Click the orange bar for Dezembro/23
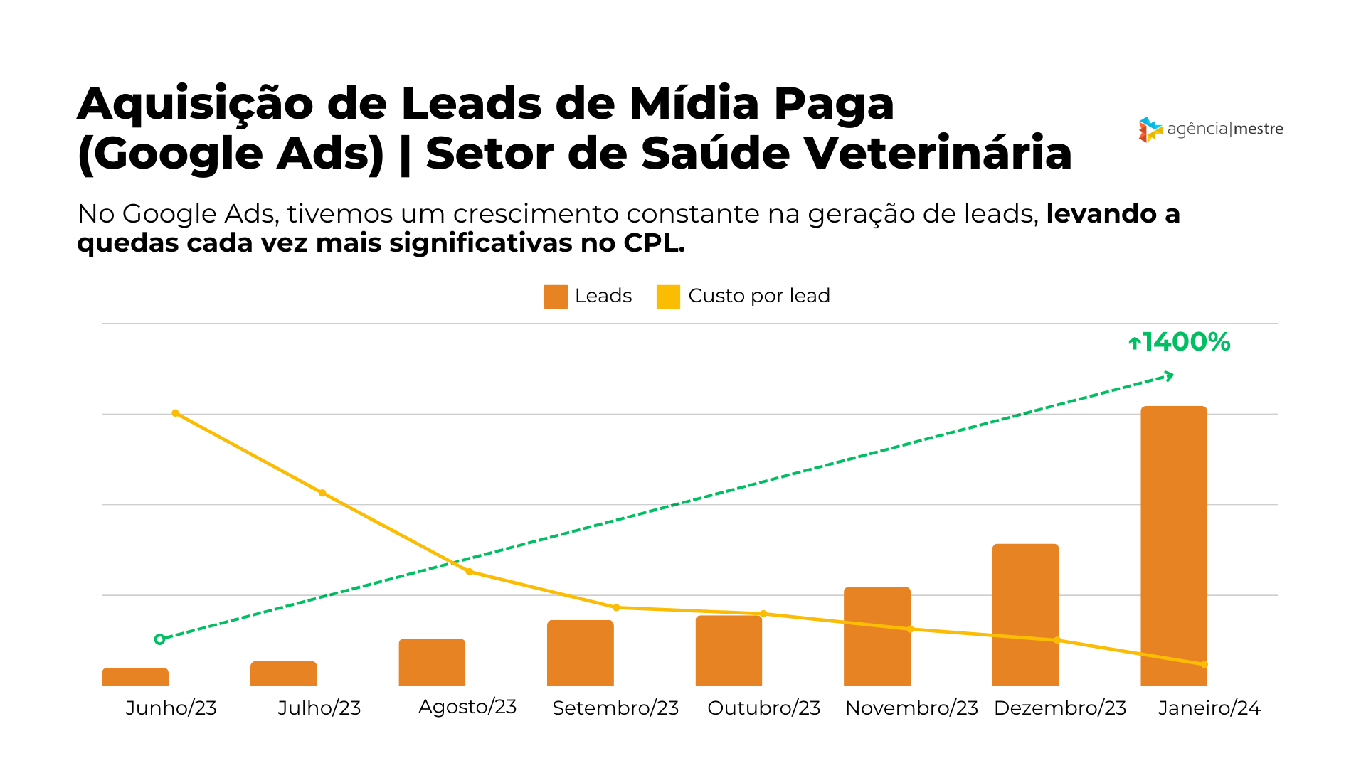click(1025, 614)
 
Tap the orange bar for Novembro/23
click(877, 636)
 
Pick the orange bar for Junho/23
click(135, 677)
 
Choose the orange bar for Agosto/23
click(432, 662)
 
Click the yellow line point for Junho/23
click(176, 413)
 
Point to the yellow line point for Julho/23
click(322, 493)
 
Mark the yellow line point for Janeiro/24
click(1204, 665)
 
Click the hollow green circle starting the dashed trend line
click(159, 639)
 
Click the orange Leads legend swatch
click(556, 297)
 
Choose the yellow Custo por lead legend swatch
click(668, 297)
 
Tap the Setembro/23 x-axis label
click(615, 708)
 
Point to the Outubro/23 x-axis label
click(763, 708)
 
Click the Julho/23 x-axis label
click(319, 708)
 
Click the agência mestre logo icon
click(1150, 129)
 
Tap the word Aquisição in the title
click(195, 105)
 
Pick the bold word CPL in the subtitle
click(653, 243)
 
